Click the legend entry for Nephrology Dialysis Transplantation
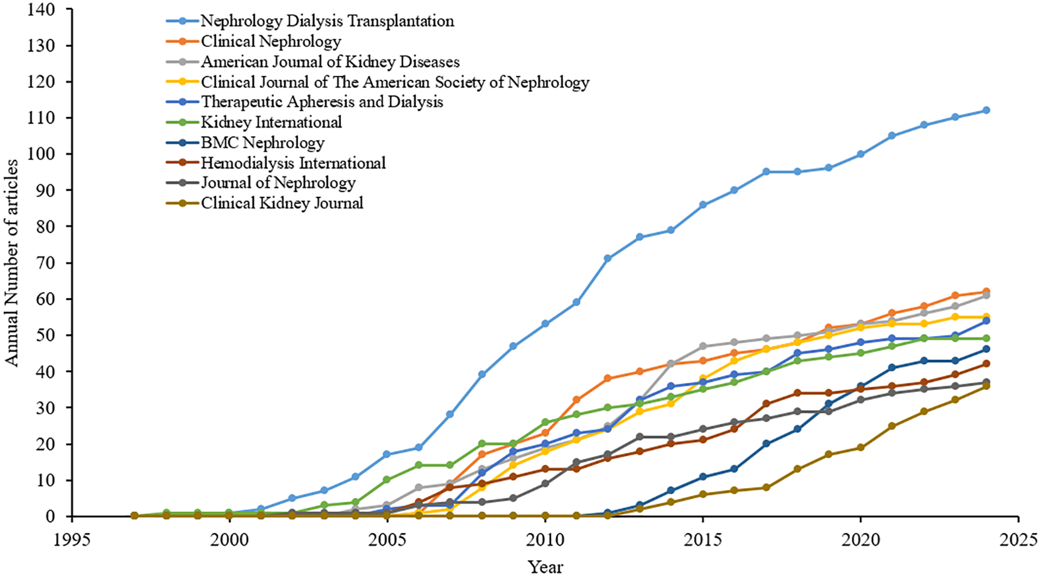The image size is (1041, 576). pyautogui.click(x=327, y=21)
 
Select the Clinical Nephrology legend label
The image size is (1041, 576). pyautogui.click(x=271, y=41)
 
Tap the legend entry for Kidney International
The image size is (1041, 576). pyautogui.click(x=271, y=122)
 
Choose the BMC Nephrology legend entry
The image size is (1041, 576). pyautogui.click(x=263, y=143)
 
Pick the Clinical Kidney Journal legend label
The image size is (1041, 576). pyautogui.click(x=282, y=203)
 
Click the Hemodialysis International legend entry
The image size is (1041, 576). pyautogui.click(x=293, y=163)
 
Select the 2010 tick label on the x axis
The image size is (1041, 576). pyautogui.click(x=545, y=540)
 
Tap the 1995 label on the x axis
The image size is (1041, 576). pyautogui.click(x=72, y=540)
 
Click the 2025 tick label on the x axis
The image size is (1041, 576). pyautogui.click(x=1018, y=540)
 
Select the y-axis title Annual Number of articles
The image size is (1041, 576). pyautogui.click(x=12, y=263)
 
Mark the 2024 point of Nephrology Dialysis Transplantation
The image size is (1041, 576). pyautogui.click(x=986, y=110)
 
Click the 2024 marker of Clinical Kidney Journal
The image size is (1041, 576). pyautogui.click(x=986, y=386)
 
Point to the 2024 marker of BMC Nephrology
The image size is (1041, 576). pyautogui.click(x=986, y=349)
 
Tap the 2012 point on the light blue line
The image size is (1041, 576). pyautogui.click(x=608, y=259)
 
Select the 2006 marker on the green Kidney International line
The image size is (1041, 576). pyautogui.click(x=419, y=465)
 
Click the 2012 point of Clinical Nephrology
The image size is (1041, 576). pyautogui.click(x=608, y=379)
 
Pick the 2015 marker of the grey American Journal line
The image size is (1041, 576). pyautogui.click(x=703, y=346)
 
